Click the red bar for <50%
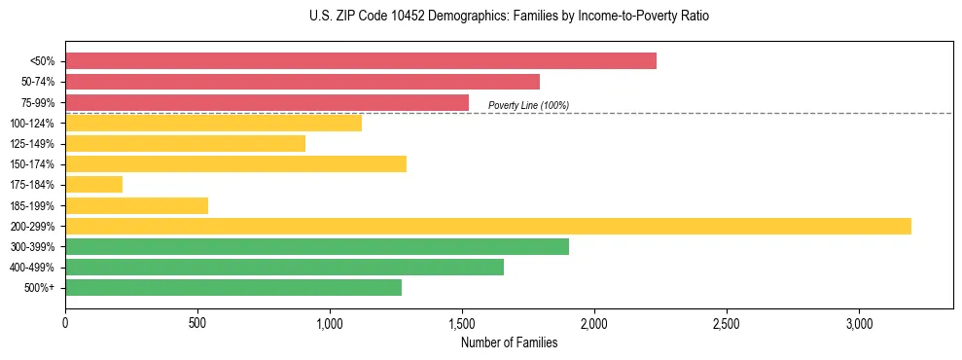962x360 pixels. (x=361, y=61)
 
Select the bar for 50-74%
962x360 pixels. (x=303, y=82)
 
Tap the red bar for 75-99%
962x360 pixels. (x=267, y=102)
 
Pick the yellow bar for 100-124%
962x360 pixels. (x=213, y=123)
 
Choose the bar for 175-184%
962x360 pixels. (x=94, y=184)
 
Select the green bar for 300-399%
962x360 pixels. (x=317, y=246)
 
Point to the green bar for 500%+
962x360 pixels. (x=233, y=287)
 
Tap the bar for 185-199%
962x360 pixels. (x=137, y=205)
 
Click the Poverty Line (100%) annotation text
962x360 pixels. (x=528, y=105)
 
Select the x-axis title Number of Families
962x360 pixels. (x=510, y=342)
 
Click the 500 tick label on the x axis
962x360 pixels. (x=197, y=322)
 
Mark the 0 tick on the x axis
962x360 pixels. (x=65, y=322)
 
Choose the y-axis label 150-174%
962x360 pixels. (x=32, y=164)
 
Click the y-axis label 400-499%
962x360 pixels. (x=32, y=268)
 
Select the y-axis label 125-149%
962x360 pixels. (x=32, y=144)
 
